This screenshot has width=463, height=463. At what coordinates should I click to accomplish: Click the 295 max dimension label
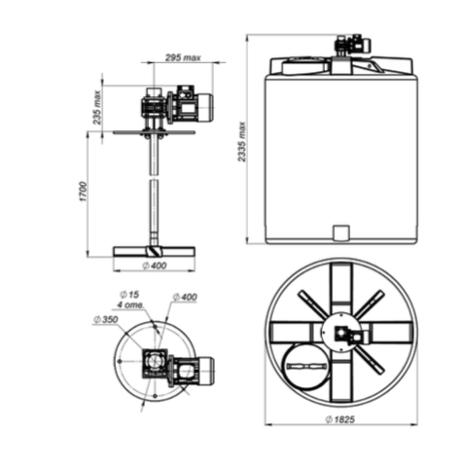(x=183, y=57)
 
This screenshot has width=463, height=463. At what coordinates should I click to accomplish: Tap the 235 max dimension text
(x=97, y=108)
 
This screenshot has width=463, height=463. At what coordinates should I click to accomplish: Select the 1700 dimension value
(x=84, y=193)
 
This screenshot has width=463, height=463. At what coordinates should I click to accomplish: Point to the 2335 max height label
(x=242, y=142)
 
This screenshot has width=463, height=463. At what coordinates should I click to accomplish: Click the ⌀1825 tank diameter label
(x=340, y=419)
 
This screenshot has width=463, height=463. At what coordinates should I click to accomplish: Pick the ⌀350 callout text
(x=106, y=320)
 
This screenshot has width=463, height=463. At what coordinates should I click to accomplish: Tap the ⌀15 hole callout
(x=129, y=295)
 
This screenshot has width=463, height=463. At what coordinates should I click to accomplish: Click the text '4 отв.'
(x=130, y=304)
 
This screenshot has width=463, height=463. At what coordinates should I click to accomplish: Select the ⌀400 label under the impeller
(x=155, y=266)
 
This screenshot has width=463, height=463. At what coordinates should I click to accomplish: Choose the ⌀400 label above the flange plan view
(x=185, y=297)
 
